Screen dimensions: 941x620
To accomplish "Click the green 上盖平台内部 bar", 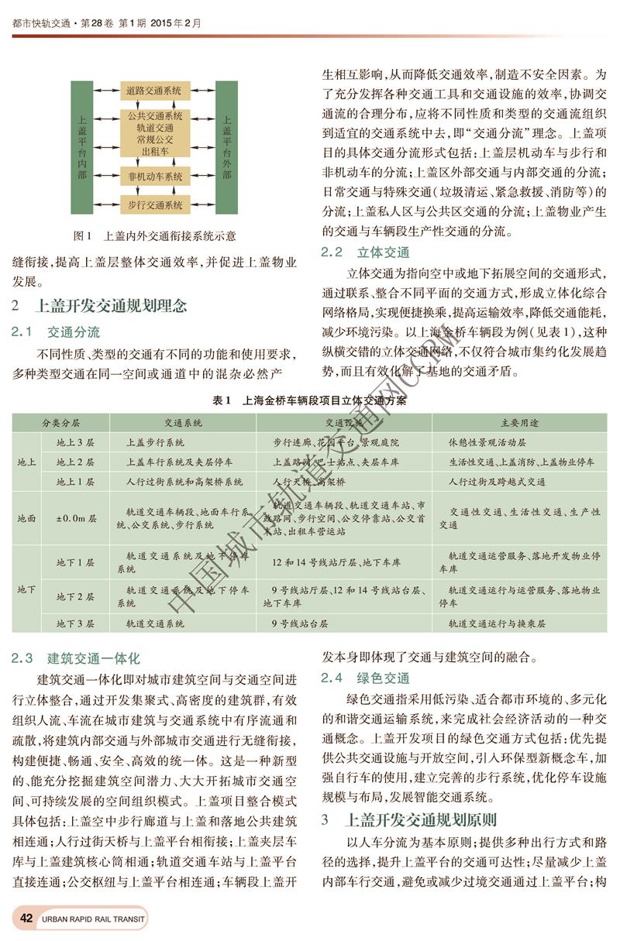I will point(82,147).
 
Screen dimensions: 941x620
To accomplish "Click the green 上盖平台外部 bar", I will point(226,147).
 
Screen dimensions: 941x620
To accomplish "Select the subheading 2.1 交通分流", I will point(57,332).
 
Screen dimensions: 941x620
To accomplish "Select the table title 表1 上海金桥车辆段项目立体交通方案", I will point(309,402).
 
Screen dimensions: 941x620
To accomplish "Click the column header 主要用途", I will point(519,424).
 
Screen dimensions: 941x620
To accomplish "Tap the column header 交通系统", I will point(183,424).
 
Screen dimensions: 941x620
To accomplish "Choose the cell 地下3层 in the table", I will point(75,623).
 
